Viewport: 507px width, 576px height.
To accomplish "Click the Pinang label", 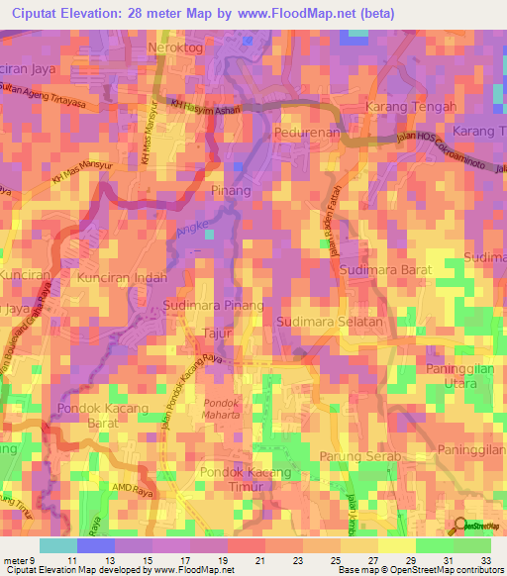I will pos(231,188).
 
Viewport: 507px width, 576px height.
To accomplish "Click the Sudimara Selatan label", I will pos(330,323).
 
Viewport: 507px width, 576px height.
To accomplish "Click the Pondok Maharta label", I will pos(222,409).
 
